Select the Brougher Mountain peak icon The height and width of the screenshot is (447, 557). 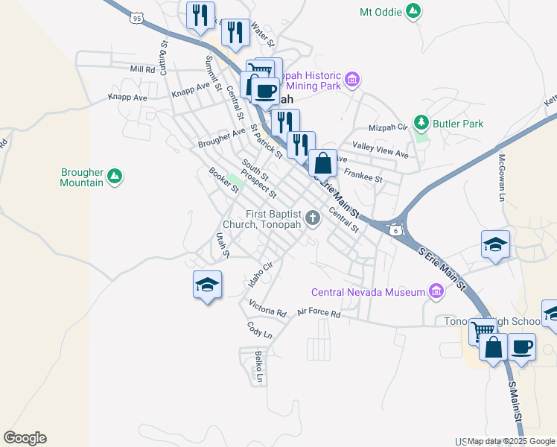pyautogui.click(x=114, y=176)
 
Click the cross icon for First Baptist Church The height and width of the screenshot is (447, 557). pyautogui.click(x=313, y=219)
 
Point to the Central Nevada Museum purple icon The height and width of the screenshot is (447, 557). pyautogui.click(x=436, y=292)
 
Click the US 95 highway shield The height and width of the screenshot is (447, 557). pyautogui.click(x=136, y=16)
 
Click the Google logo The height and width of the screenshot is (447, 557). pyautogui.click(x=25, y=438)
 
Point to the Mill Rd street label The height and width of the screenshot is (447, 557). pyautogui.click(x=141, y=69)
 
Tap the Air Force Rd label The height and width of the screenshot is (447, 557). pyautogui.click(x=318, y=314)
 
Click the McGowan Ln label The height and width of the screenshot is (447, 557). pyautogui.click(x=502, y=178)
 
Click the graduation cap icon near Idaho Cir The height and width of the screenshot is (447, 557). pyautogui.click(x=208, y=285)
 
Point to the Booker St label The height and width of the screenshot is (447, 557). pyautogui.click(x=223, y=180)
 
